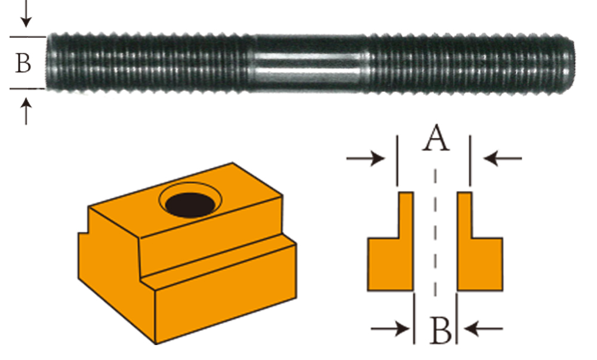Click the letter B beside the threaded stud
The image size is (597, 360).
tap(23, 63)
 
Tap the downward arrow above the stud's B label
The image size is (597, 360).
tap(26, 13)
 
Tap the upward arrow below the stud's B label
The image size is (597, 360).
tap(26, 111)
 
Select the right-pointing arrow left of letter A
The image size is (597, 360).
tap(365, 158)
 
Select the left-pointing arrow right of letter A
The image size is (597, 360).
tap(503, 158)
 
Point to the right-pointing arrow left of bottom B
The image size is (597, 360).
tap(390, 328)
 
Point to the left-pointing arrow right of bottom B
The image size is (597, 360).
tap(484, 328)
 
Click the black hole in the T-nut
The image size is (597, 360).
tap(190, 205)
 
